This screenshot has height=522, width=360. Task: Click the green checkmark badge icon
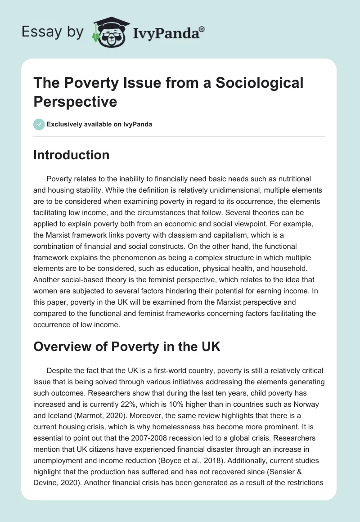[x=39, y=124]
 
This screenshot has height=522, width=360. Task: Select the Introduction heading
[x=72, y=155]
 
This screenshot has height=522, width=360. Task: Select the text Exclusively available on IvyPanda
[x=99, y=124]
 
